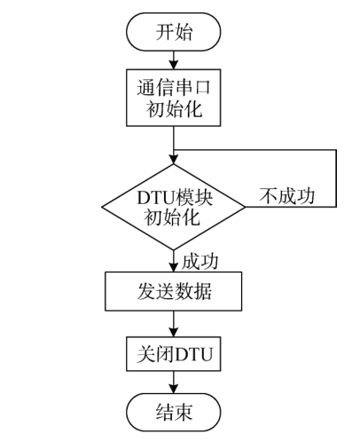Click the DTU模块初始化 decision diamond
click(x=174, y=207)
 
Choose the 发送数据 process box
click(x=174, y=290)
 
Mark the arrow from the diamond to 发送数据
click(x=174, y=261)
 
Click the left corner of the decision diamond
click(x=103, y=207)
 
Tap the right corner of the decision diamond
click(x=246, y=207)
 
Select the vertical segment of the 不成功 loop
click(x=336, y=178)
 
